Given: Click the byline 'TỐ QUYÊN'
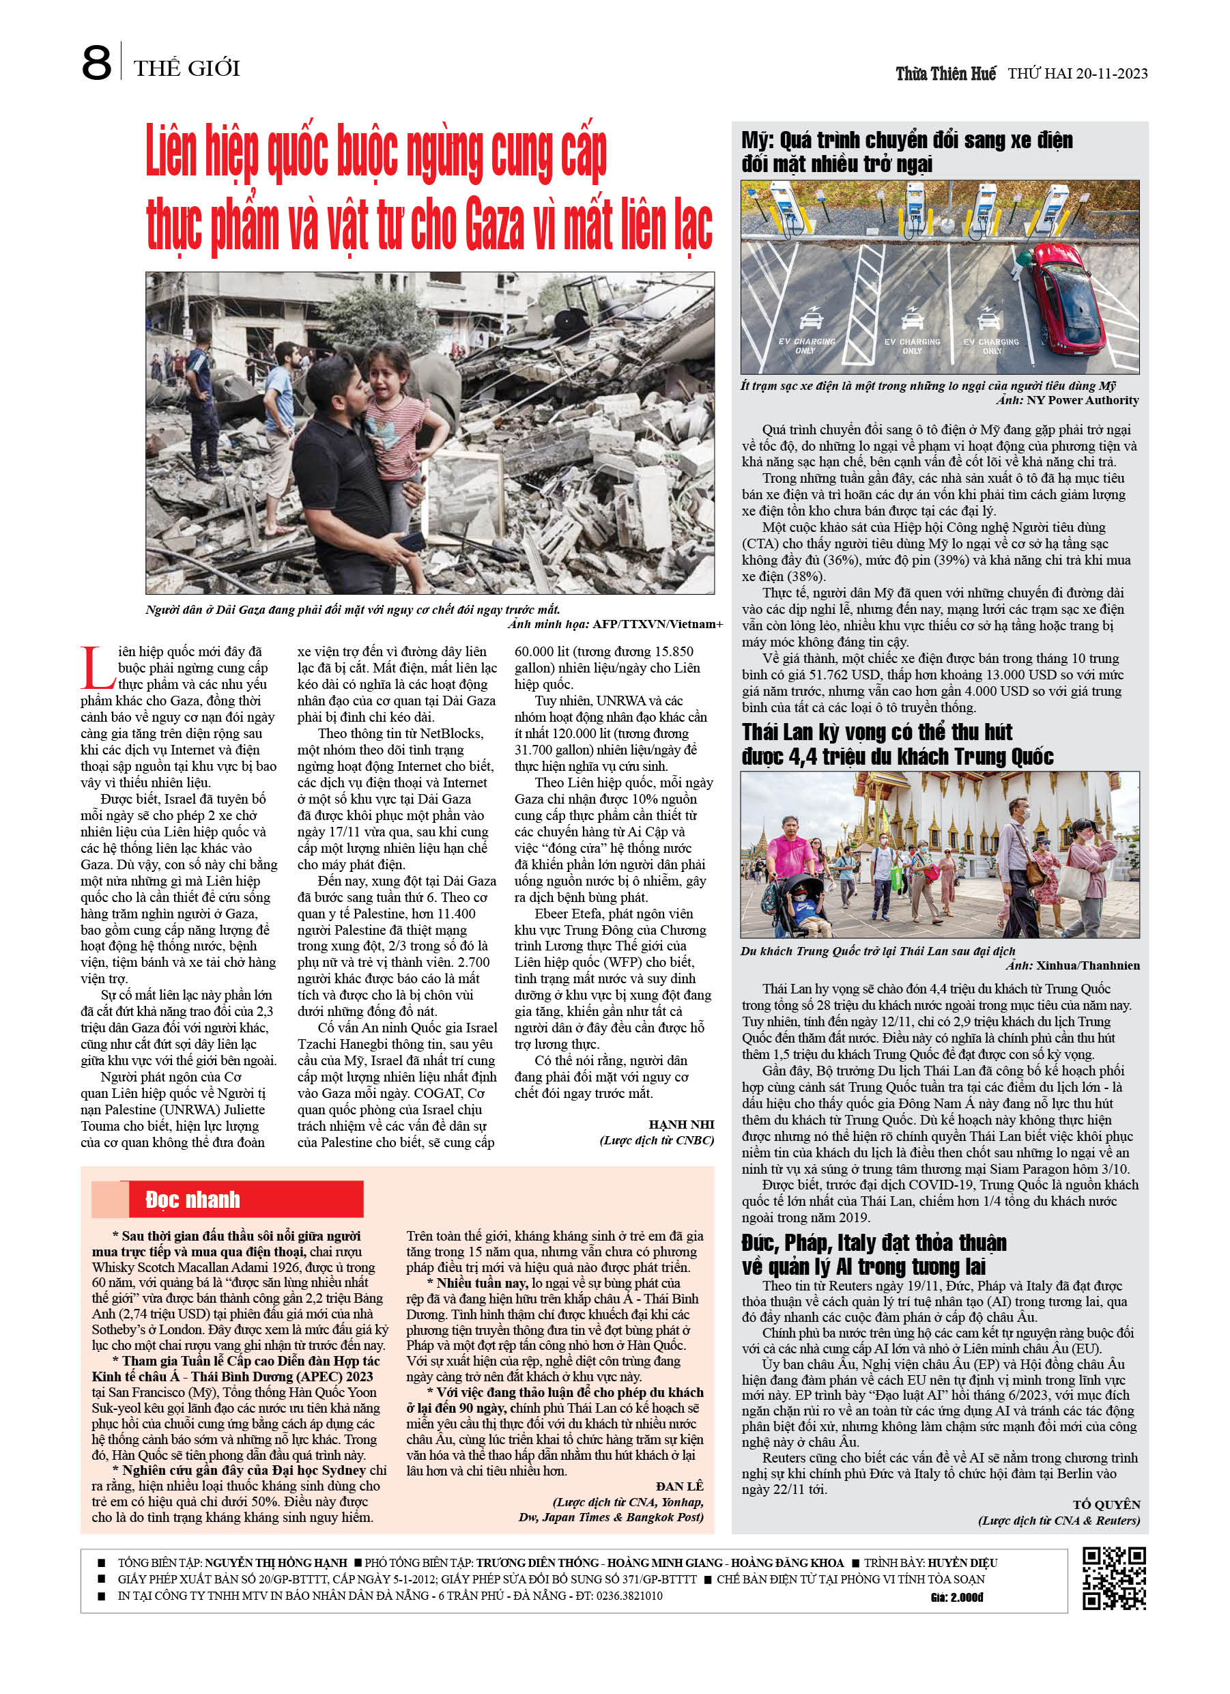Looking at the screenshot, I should [1106, 1504].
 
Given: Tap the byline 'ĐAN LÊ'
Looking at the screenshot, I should [680, 1486].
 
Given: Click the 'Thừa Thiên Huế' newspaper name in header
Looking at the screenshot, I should [945, 74].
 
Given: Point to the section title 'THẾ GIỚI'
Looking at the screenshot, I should [187, 69].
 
